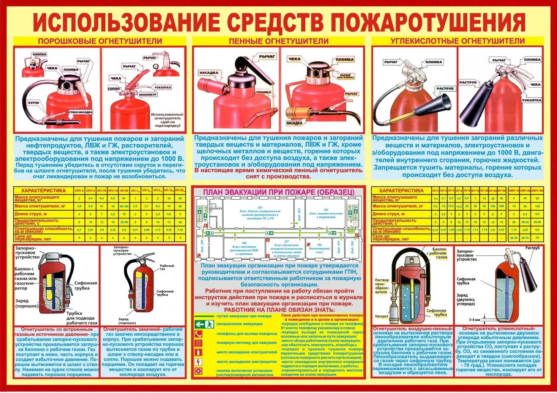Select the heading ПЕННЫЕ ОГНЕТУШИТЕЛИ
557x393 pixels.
pyautogui.click(x=278, y=41)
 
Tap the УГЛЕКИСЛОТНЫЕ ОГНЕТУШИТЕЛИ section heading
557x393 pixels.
pyautogui.click(x=458, y=41)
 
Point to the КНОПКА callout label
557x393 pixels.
pyautogui.click(x=39, y=55)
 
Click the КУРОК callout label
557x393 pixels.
pyautogui.click(x=33, y=103)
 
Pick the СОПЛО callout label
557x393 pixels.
pyautogui.click(x=114, y=89)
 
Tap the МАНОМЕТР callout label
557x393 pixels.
pyautogui.click(x=148, y=94)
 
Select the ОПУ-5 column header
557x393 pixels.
pyautogui.click(x=90, y=190)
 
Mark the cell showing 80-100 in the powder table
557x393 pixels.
pyautogui.click(x=124, y=206)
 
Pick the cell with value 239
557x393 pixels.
pyautogui.click(x=502, y=206)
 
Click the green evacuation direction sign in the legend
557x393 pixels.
pyautogui.click(x=204, y=324)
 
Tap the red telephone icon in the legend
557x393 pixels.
pyautogui.click(x=198, y=334)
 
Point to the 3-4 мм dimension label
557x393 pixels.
pyautogui.click(x=475, y=319)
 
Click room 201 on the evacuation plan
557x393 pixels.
pyautogui.click(x=260, y=213)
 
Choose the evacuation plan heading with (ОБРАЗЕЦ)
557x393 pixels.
pyautogui.click(x=278, y=192)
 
